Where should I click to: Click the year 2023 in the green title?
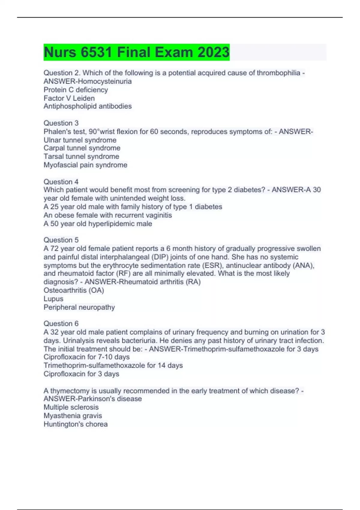tap(213, 52)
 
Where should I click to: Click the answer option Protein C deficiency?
tap(76, 90)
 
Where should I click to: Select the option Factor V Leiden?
tap(69, 98)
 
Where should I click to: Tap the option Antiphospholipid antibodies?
tap(88, 106)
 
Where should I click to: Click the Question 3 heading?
tap(61, 123)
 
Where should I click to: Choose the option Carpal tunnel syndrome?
tap(82, 148)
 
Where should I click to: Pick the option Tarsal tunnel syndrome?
tap(81, 156)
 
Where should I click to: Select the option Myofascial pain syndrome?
tap(85, 165)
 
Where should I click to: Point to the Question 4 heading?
tap(61, 181)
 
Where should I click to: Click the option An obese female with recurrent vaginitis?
tap(108, 215)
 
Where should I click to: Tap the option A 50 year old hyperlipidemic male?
tap(98, 223)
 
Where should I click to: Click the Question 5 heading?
tap(61, 240)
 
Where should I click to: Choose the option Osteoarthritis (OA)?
tap(74, 290)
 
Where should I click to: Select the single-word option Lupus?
tap(53, 299)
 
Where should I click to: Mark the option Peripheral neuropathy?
tap(79, 307)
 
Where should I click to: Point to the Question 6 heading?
tap(61, 323)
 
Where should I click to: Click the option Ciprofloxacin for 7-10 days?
tap(87, 357)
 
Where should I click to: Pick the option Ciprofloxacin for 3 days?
tap(81, 374)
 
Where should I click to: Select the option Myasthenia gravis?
tap(73, 415)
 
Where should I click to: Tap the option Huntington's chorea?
tap(76, 424)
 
